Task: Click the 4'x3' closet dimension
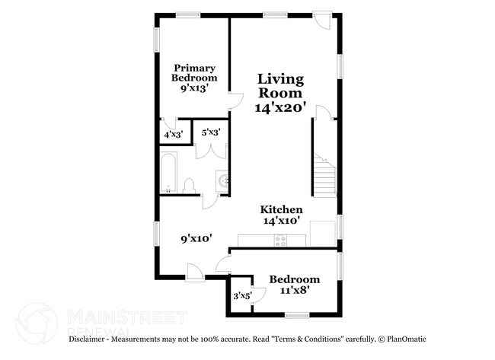173,135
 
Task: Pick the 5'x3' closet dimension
211,132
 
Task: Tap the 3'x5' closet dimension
242,295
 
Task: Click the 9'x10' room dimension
196,238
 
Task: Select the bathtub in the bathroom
168,174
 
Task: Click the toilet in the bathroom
189,185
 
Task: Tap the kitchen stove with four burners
280,241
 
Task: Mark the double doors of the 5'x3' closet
209,148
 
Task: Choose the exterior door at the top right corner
324,21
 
